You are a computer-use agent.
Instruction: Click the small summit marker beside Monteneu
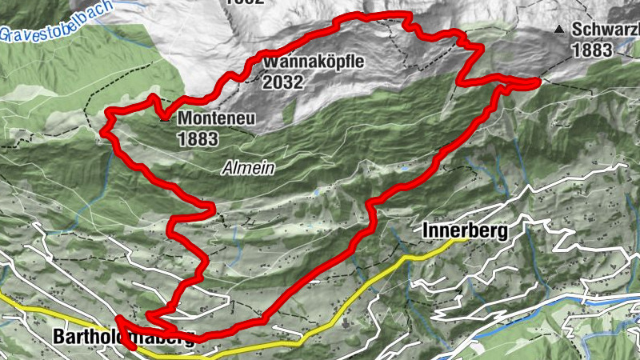(165, 120)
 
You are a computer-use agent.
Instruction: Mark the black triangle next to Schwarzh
(559, 30)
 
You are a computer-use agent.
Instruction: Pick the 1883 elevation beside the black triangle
(592, 50)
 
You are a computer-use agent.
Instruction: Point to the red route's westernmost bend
(106, 128)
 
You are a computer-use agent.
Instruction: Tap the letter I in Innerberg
(424, 231)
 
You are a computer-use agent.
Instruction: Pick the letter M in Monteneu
(185, 118)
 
